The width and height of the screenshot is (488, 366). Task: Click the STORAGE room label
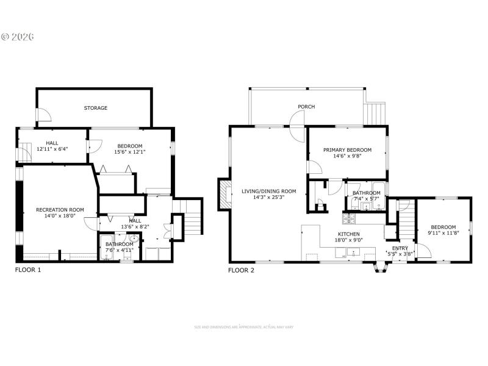[96, 108]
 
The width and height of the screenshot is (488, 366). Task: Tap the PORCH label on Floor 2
[306, 107]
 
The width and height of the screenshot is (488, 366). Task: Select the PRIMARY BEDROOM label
[347, 149]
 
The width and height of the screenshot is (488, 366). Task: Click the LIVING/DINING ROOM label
[269, 191]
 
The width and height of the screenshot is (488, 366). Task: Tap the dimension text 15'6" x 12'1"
[130, 152]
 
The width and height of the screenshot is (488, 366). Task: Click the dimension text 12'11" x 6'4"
[52, 148]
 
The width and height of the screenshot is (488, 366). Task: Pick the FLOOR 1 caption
[28, 269]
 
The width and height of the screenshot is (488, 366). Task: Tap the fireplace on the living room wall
[224, 194]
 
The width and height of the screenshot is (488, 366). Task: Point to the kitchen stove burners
[350, 217]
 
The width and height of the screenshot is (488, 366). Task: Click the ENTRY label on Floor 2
[400, 248]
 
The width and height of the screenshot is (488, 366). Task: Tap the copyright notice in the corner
[18, 37]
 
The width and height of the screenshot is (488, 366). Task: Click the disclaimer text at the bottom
[243, 328]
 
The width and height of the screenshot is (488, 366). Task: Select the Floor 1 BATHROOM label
[119, 244]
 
